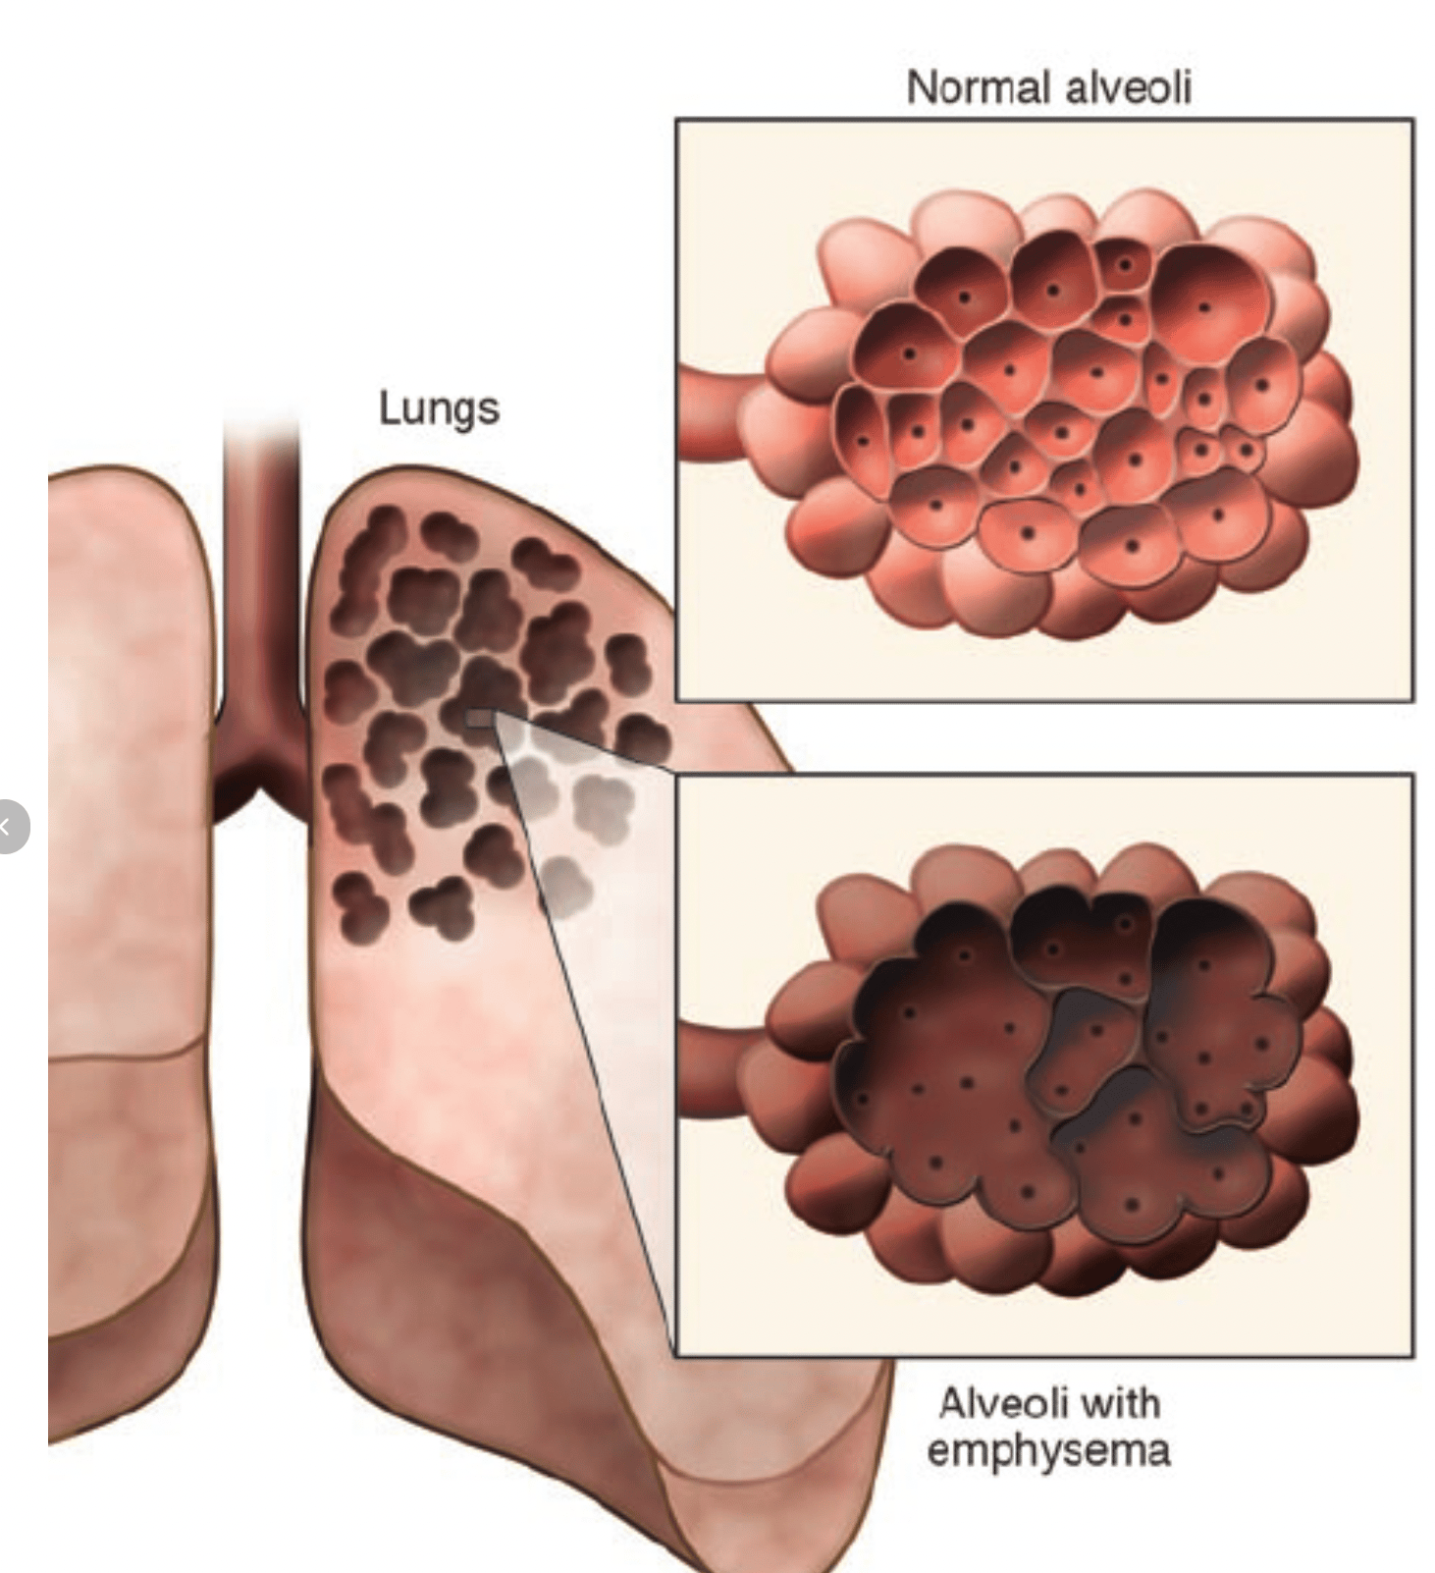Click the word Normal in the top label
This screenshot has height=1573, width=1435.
click(x=978, y=87)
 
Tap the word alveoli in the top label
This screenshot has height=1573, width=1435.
click(x=1129, y=87)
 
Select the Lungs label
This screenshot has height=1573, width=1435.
click(x=439, y=408)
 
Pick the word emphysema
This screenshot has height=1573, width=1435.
click(x=1048, y=1450)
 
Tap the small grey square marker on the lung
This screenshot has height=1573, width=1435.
click(x=480, y=720)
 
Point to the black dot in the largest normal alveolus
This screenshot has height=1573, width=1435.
click(x=1203, y=307)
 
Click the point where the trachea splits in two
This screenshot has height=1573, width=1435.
click(x=261, y=776)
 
